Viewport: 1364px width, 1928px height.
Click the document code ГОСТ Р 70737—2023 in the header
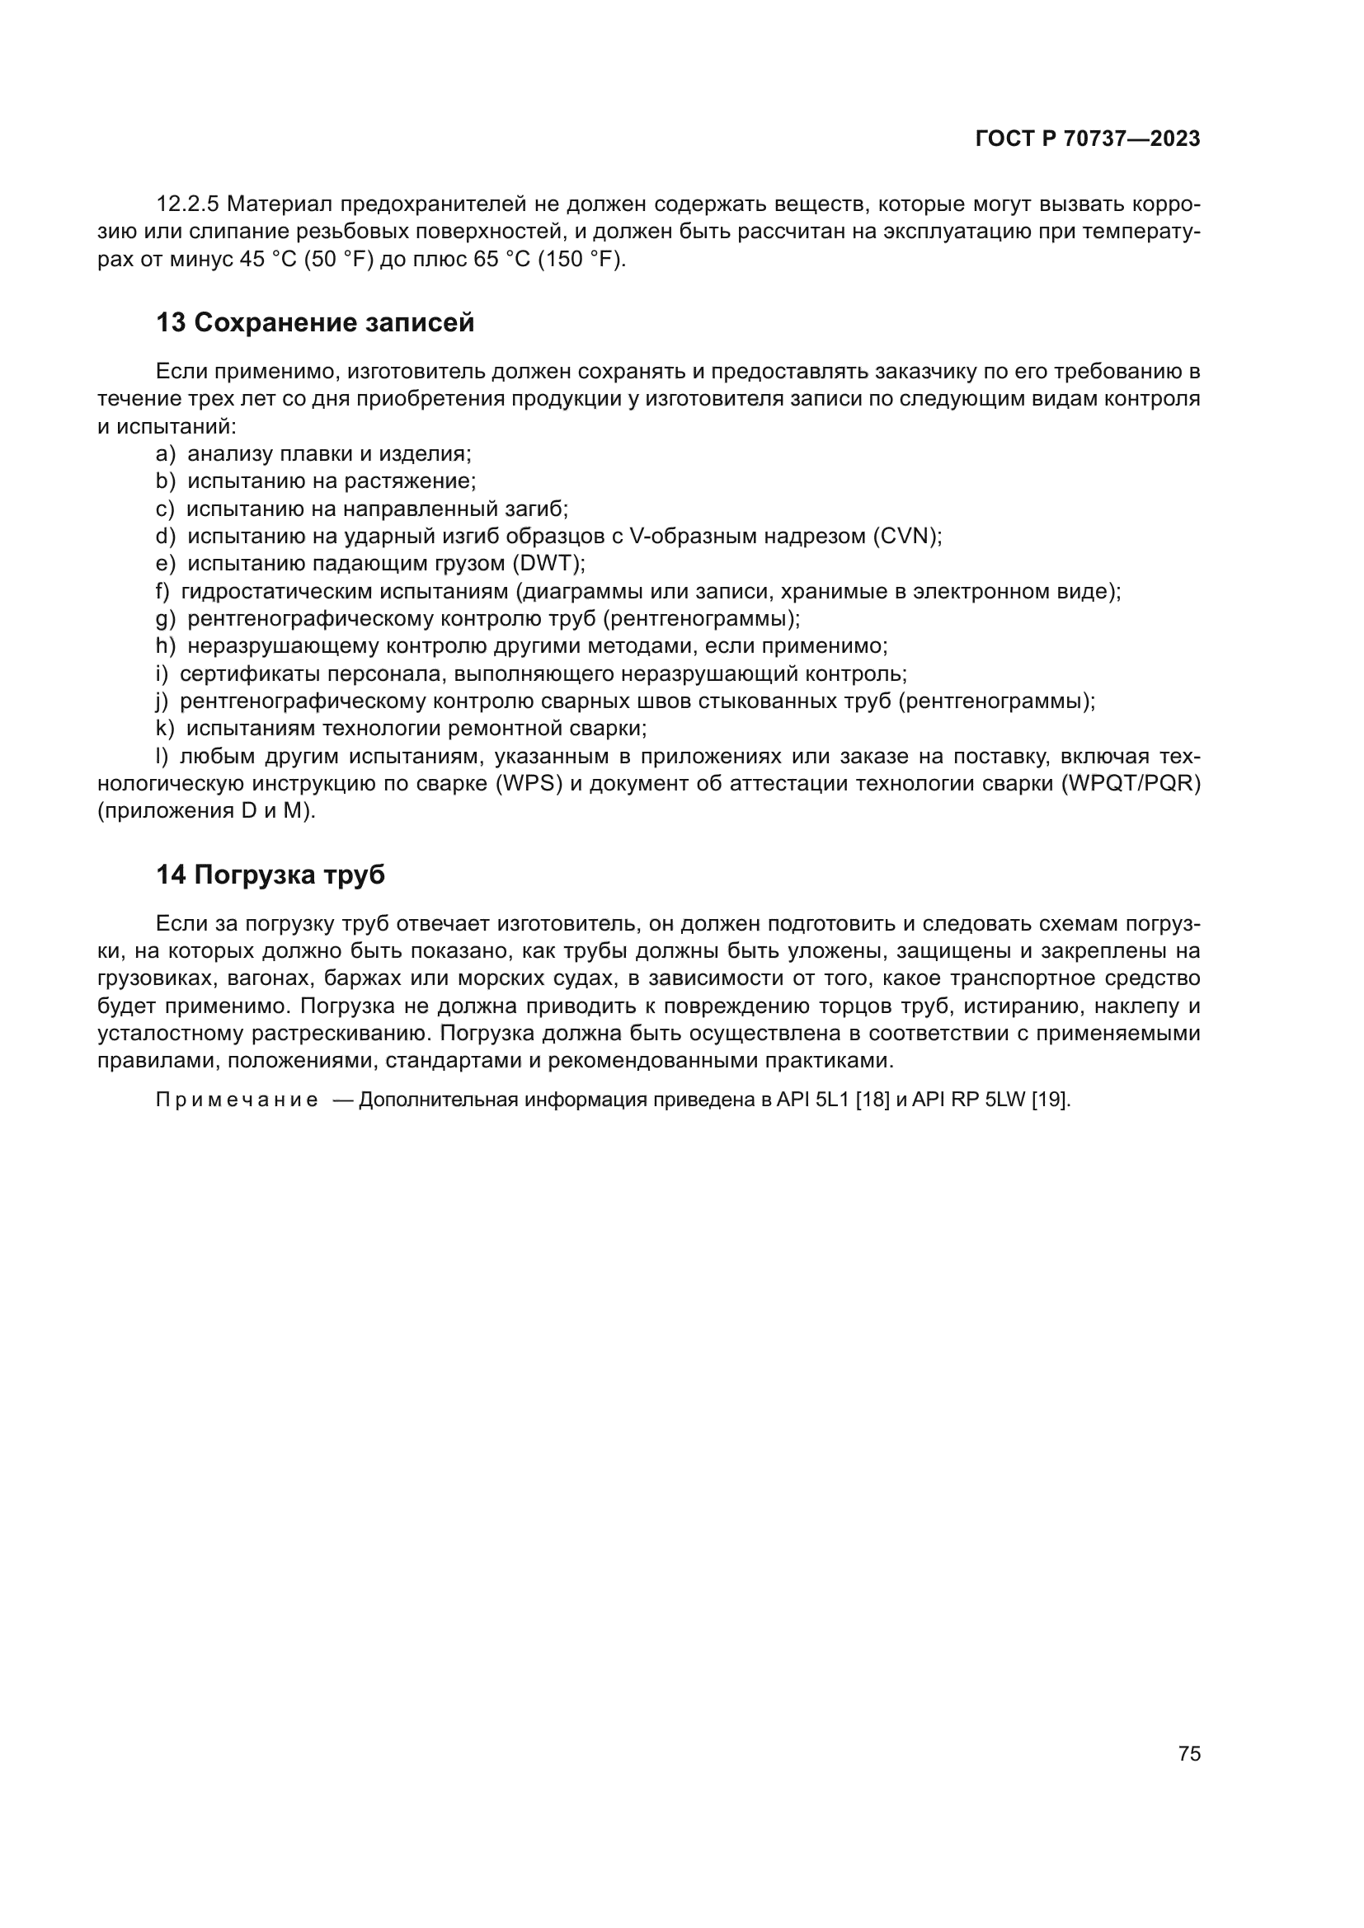click(1088, 138)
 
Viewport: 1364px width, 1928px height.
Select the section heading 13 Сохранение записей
click(315, 322)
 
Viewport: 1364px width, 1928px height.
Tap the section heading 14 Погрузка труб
click(270, 875)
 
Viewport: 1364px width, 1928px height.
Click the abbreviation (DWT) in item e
click(548, 564)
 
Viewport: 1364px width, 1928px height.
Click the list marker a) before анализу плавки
click(166, 454)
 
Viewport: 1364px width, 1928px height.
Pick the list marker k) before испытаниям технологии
click(165, 729)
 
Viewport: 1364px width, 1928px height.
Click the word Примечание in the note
click(236, 1100)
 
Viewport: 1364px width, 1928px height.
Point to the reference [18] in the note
click(872, 1100)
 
